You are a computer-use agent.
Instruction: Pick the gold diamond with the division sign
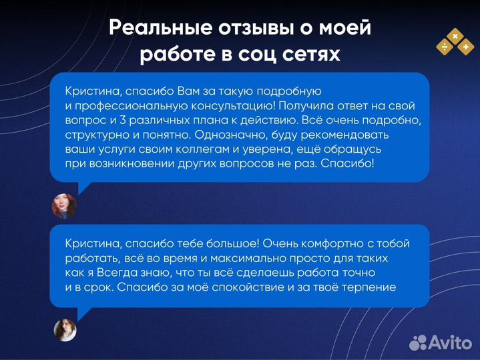443,47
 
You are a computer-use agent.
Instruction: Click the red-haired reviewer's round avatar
64,206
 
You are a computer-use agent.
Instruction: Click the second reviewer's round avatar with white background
65,329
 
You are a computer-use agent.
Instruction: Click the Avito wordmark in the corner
449,343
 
